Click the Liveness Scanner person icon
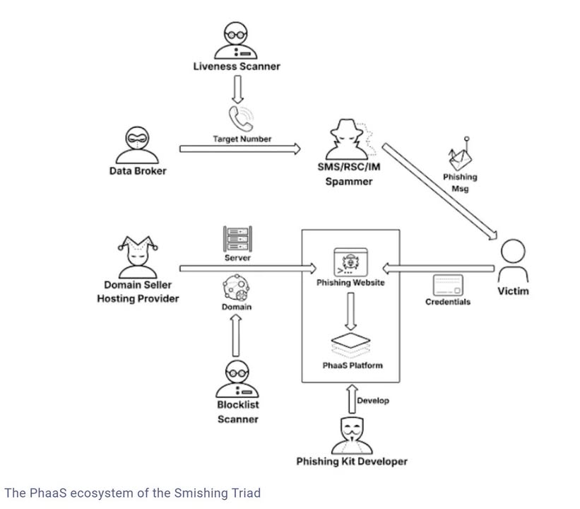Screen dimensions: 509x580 [x=236, y=40]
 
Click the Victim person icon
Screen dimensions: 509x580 [x=512, y=261]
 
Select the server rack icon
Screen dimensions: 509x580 [x=237, y=239]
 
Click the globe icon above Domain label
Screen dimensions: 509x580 [x=237, y=288]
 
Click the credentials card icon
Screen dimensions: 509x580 [x=447, y=285]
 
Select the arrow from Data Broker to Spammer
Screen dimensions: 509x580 [x=239, y=148]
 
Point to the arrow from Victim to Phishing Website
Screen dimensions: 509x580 [x=437, y=268]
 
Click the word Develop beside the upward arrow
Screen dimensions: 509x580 [x=372, y=400]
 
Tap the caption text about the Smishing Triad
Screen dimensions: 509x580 [x=133, y=493]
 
